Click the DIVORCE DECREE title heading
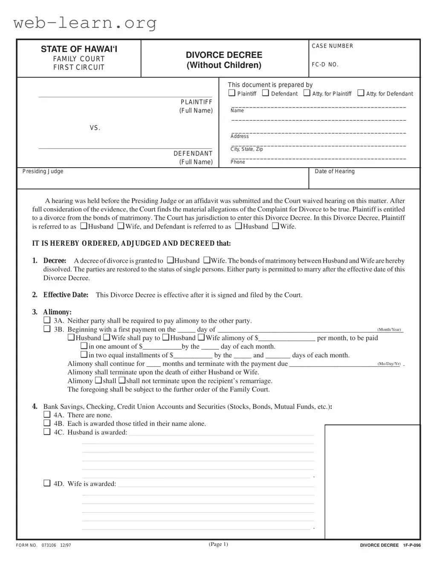pos(224,55)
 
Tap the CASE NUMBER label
pos(332,46)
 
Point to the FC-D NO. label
pos(325,65)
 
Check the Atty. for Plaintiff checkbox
pos(307,93)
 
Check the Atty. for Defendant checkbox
pos(361,93)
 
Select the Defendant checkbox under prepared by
pos(266,93)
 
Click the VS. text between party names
pos(95,128)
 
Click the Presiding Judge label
pos(43,171)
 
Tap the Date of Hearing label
pos(334,171)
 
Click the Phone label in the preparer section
pos(237,162)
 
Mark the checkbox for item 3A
pos(47,320)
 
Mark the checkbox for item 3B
pos(47,329)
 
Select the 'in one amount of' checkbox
pos(84,346)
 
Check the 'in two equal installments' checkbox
pos(84,354)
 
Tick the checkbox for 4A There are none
pos(47,415)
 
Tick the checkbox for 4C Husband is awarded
pos(47,432)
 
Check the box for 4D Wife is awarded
pos(47,483)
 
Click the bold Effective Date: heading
pos(66,295)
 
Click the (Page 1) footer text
pos(218,544)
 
